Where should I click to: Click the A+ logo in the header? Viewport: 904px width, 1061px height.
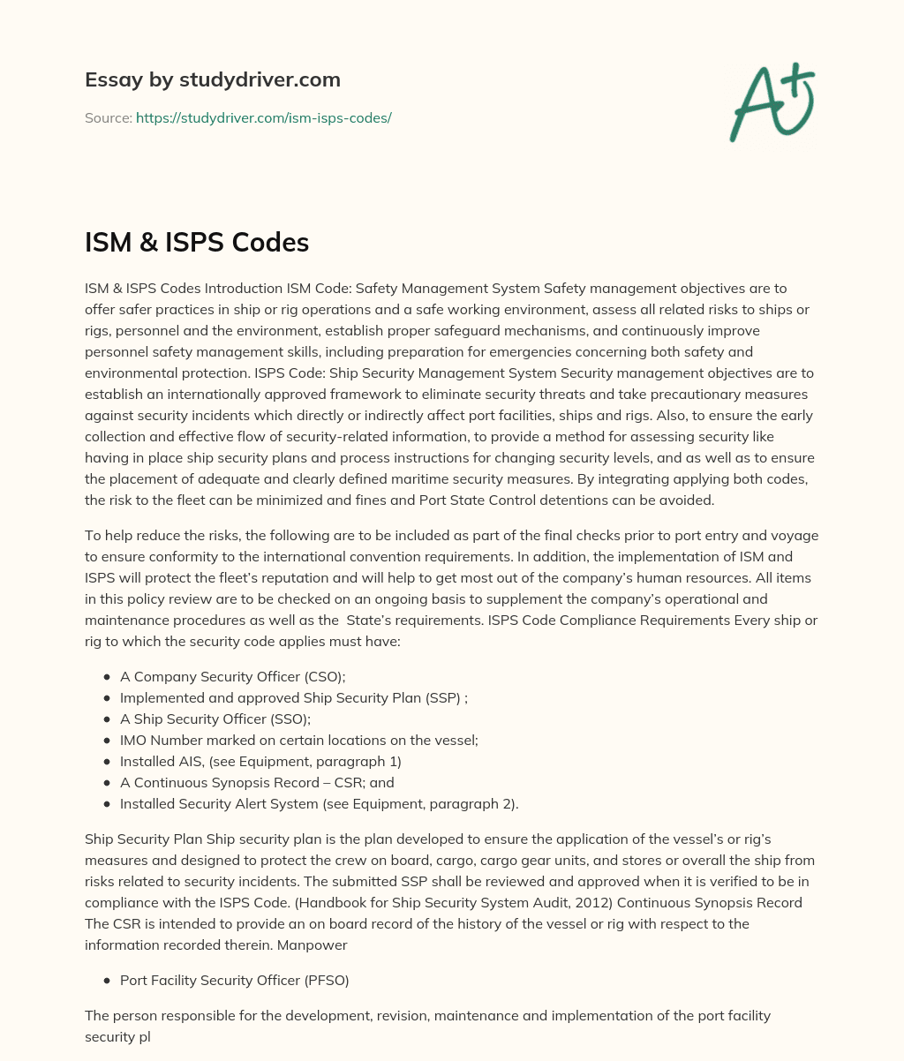771,102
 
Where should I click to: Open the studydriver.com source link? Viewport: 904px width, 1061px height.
263,117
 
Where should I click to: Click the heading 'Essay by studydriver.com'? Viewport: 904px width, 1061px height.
212,79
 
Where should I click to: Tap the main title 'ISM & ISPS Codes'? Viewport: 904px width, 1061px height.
196,243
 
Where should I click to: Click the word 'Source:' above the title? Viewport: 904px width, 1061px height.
108,117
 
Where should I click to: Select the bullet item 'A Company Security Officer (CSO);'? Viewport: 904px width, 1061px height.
232,677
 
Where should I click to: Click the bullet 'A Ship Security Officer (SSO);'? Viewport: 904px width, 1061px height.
215,719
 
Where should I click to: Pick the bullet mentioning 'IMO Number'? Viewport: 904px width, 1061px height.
298,741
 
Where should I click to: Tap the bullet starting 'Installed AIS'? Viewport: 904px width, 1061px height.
260,761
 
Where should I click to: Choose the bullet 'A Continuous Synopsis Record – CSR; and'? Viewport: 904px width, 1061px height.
257,782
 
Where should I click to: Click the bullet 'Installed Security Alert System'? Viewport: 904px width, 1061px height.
319,803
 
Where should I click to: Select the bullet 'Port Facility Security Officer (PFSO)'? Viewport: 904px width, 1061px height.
241,980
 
